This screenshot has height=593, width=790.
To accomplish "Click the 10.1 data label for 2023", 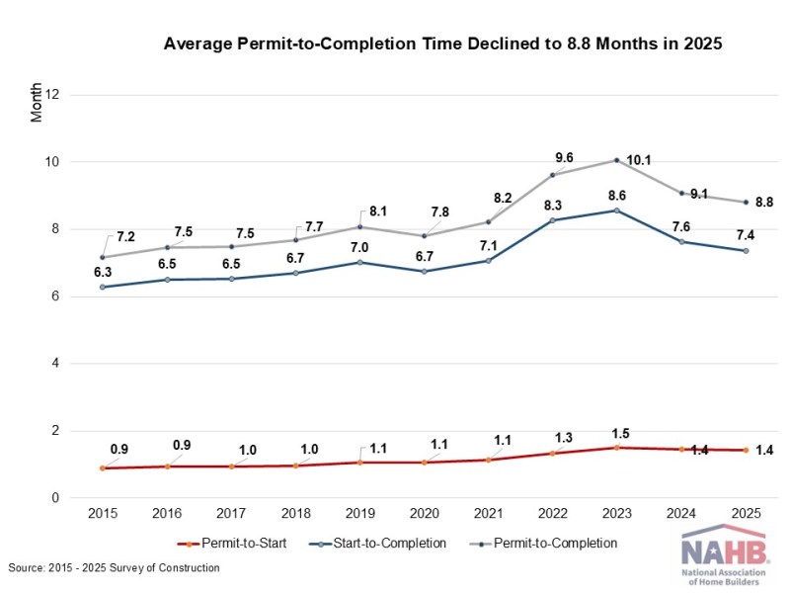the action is (638, 160).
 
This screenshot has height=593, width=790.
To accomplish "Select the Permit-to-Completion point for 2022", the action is (553, 175).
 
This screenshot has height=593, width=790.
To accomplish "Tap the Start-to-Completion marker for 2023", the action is (616, 211).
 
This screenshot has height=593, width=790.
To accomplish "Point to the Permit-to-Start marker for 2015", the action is (103, 467).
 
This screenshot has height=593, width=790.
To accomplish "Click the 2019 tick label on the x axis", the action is (359, 513).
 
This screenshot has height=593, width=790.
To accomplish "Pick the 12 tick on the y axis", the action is (52, 95).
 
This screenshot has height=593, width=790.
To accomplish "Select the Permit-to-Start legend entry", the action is (232, 544).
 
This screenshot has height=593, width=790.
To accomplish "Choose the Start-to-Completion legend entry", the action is (377, 544).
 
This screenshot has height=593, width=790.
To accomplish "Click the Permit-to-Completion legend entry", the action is (543, 544).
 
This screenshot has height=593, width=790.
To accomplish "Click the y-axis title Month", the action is (36, 103).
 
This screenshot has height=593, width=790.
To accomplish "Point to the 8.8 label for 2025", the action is (763, 203).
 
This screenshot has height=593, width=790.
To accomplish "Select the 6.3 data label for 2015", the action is (103, 273).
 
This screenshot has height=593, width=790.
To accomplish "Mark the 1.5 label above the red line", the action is (621, 434).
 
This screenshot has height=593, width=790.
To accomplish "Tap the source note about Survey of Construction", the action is (114, 567).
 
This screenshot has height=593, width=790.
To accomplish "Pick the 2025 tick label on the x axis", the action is (746, 513).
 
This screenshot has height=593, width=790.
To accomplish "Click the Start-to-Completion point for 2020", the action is (425, 271).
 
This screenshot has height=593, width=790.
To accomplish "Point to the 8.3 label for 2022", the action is (553, 206).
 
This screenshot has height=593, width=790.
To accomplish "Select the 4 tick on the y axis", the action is (55, 363).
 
